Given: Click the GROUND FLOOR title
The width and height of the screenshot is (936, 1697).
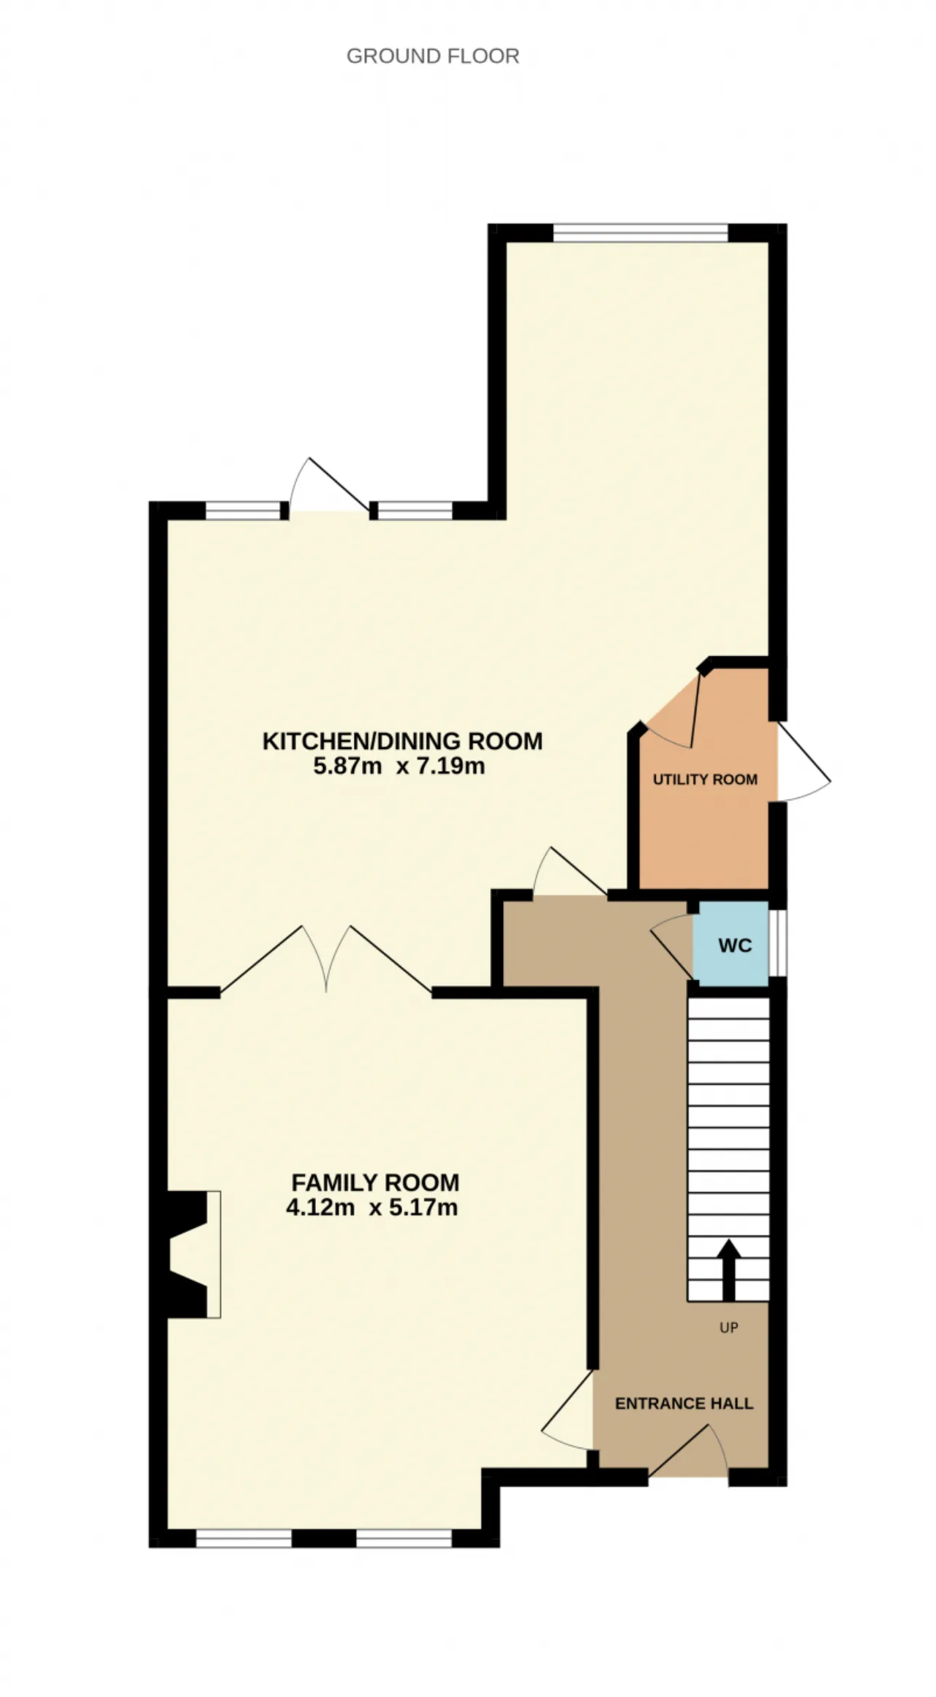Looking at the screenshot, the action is [x=433, y=56].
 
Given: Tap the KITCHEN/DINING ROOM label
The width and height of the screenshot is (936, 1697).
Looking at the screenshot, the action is [x=403, y=741].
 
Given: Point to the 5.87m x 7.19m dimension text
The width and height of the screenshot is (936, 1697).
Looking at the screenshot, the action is [x=399, y=767].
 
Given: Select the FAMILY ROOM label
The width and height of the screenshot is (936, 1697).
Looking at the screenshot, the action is [x=376, y=1183].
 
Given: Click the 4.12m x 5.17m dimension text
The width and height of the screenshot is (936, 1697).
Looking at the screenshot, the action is [x=372, y=1208].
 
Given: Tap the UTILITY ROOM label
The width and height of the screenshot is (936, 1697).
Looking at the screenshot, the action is [x=705, y=780].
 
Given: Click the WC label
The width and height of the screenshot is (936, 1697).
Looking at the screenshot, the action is [x=735, y=946].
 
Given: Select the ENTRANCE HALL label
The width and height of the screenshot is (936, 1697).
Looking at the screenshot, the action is [x=684, y=1404].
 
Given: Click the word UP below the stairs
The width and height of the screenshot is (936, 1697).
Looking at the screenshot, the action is [x=729, y=1328].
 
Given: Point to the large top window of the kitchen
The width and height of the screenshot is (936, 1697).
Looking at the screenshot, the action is [x=641, y=233].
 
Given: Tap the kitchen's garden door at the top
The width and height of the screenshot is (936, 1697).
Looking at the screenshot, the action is [x=329, y=485].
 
